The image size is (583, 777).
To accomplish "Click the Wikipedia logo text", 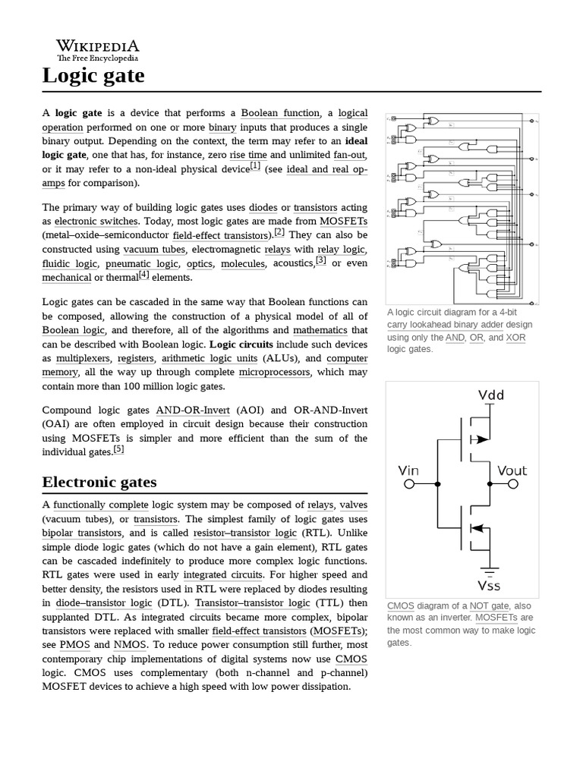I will point(97,46).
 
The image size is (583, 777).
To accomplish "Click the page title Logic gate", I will point(93,76).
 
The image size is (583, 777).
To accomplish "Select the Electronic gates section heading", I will point(99,482).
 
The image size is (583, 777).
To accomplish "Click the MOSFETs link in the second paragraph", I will point(343,221).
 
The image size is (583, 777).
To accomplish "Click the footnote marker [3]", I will point(321,260).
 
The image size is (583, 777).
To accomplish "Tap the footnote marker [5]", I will point(118,449).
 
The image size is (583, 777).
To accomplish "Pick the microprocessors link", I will point(274,373).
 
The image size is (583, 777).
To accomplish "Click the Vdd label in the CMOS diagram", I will point(491,395).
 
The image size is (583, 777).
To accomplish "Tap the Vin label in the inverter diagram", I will point(408,470).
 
